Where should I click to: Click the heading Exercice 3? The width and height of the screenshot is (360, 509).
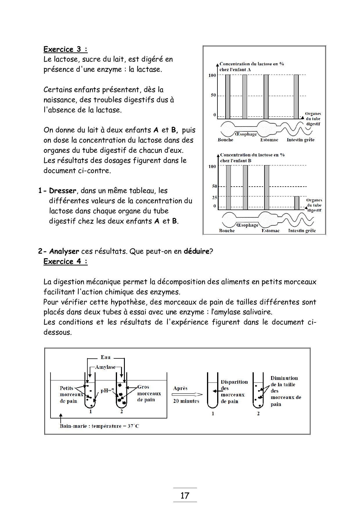(x=65, y=49)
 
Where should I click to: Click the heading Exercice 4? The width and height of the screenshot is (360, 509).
(x=65, y=261)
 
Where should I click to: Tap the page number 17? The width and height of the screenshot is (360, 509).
(x=185, y=496)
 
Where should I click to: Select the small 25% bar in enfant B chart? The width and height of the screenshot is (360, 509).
(x=297, y=203)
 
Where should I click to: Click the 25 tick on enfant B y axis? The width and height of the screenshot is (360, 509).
(x=215, y=198)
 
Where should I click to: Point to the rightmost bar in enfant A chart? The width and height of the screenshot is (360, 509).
(x=296, y=96)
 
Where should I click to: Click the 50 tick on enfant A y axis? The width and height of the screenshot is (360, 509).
(x=213, y=95)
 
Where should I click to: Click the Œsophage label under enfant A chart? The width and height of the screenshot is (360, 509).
(x=246, y=134)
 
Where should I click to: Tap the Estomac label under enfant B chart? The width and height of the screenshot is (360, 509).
(x=270, y=231)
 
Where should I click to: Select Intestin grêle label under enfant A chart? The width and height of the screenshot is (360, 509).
(x=300, y=140)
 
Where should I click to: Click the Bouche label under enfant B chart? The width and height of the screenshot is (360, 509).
(x=227, y=231)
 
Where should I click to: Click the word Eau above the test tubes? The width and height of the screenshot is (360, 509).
(x=106, y=357)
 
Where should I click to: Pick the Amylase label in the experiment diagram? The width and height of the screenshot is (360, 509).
(x=105, y=367)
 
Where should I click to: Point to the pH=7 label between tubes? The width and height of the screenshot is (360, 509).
(x=107, y=391)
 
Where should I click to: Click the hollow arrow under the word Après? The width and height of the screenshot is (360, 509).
(x=187, y=394)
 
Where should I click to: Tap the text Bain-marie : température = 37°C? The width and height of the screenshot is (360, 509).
(x=99, y=426)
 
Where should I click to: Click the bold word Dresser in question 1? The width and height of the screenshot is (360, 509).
(x=62, y=191)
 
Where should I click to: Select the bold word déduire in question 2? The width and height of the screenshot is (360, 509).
(x=196, y=251)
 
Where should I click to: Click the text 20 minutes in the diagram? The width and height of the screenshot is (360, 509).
(x=186, y=401)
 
